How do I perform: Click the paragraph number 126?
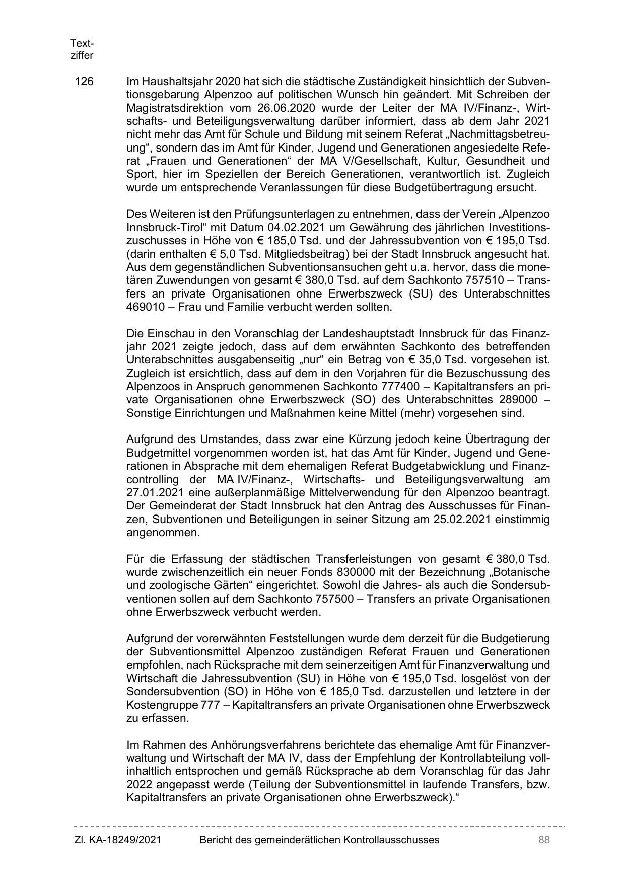tap(84, 82)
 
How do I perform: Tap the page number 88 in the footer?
tap(543, 840)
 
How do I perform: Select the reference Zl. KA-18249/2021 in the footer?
tap(118, 840)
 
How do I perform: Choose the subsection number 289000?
tap(517, 400)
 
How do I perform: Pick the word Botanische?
tap(522, 573)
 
